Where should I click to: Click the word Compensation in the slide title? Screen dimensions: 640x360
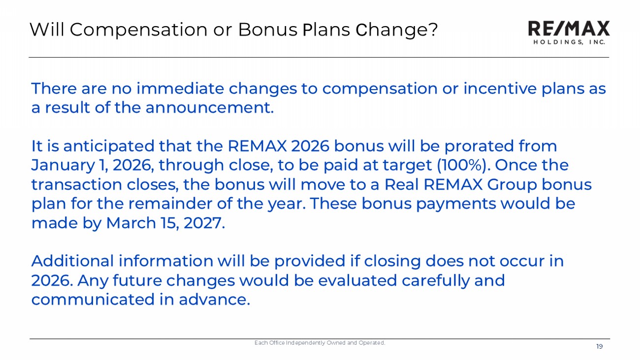pyautogui.click(x=138, y=30)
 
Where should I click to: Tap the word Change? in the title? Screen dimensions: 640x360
pyautogui.click(x=397, y=30)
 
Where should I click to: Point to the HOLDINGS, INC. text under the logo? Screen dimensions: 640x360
pyautogui.click(x=569, y=42)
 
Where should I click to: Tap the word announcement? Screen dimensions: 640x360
pyautogui.click(x=210, y=108)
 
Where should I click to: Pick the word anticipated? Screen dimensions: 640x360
pyautogui.click(x=109, y=146)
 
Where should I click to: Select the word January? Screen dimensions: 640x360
pyautogui.click(x=63, y=165)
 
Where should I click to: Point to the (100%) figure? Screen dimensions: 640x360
pyautogui.click(x=461, y=165)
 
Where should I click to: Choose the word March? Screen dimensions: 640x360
pyautogui.click(x=131, y=223)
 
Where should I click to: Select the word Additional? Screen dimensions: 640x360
pyautogui.click(x=72, y=261)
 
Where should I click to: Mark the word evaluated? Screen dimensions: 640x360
pyautogui.click(x=357, y=280)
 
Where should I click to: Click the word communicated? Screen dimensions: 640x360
pyautogui.click(x=93, y=299)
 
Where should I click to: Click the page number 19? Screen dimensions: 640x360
pyautogui.click(x=600, y=347)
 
